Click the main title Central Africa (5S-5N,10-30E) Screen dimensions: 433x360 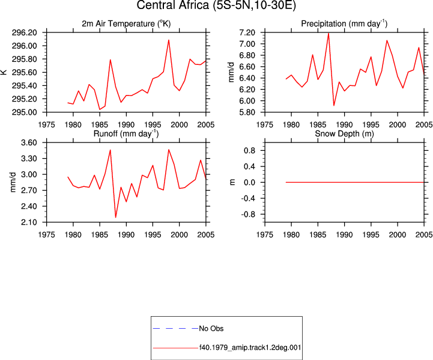216,5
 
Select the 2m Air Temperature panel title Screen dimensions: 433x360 126,24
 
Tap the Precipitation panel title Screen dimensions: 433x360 344,24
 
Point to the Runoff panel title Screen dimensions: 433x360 126,133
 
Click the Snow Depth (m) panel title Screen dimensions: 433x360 344,133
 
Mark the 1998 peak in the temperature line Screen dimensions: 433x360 169,40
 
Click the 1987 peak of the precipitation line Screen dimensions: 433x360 329,33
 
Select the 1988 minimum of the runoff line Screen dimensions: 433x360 115,217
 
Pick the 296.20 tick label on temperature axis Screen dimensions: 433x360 24,32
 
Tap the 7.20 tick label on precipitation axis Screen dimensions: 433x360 247,32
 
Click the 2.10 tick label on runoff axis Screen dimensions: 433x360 29,222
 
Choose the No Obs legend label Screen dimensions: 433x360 211,329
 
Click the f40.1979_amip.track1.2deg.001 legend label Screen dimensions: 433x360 250,347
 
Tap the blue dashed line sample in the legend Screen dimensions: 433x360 175,329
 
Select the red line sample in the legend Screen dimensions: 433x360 175,348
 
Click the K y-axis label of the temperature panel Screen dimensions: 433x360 4,72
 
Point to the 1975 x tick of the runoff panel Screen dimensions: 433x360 46,235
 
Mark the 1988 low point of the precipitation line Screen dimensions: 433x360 334,105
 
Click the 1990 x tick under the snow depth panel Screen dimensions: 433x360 344,235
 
